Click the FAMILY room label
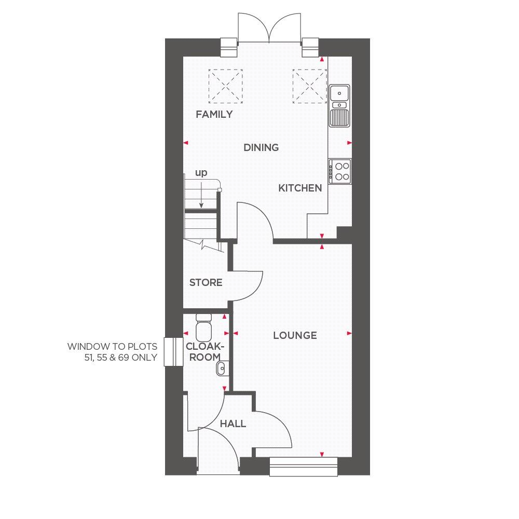214,114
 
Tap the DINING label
261,147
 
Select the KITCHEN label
300,188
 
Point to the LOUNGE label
295,335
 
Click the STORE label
206,282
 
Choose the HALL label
233,424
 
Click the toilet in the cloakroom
203,325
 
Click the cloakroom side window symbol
168,352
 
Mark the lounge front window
304,466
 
